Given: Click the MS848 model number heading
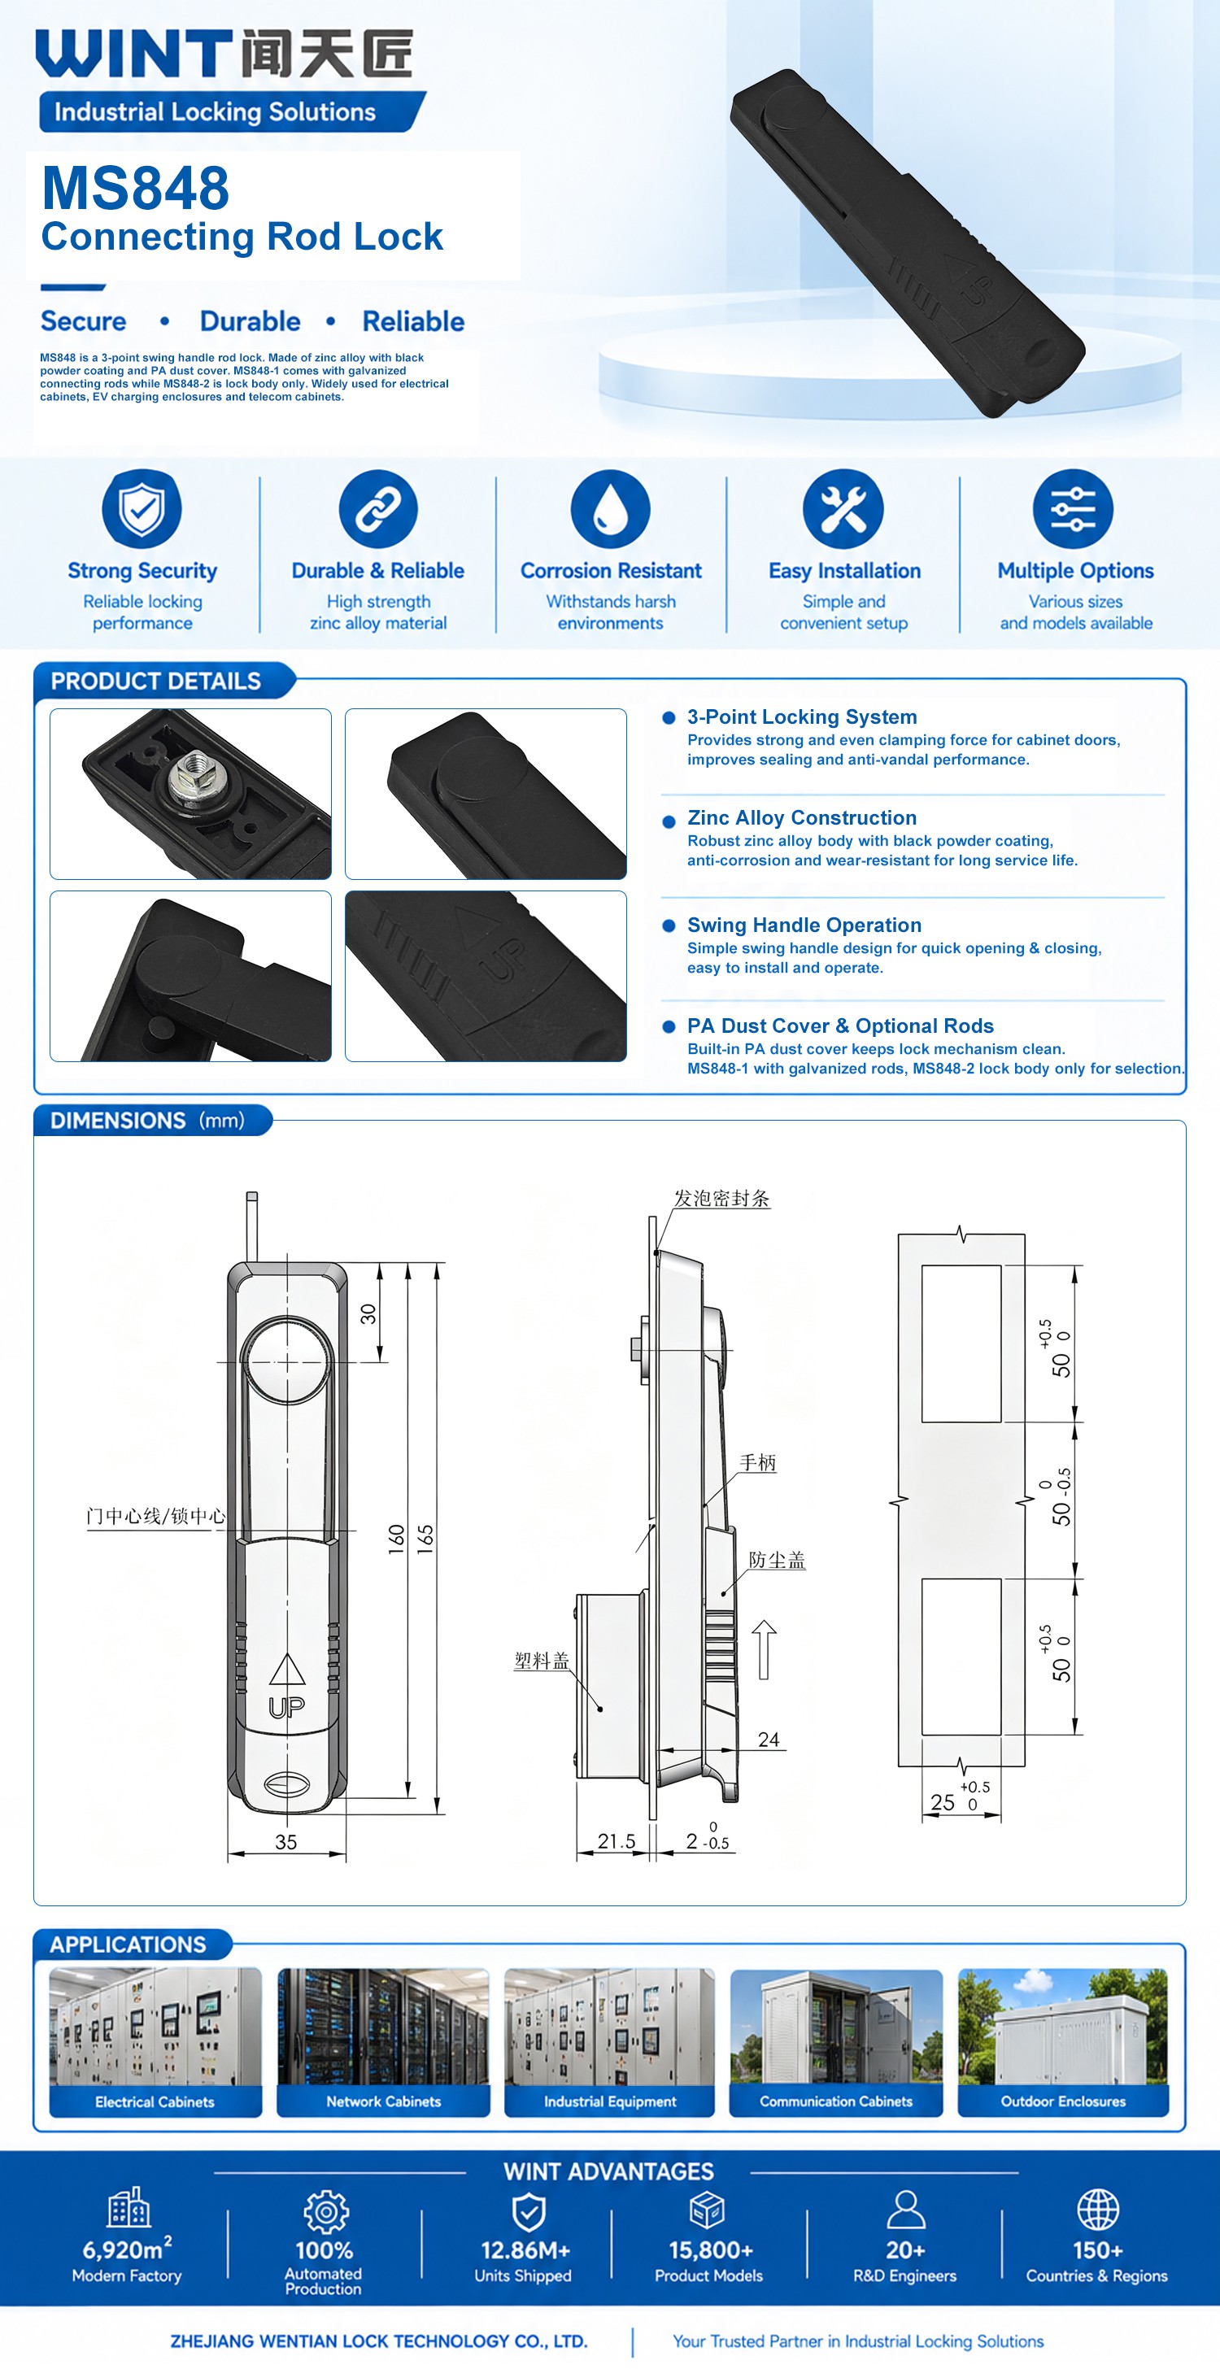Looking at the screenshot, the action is pos(135,188).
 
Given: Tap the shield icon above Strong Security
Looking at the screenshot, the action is pos(142,508).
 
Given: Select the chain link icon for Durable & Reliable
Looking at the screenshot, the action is pos(378,508).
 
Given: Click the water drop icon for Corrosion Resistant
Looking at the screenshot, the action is pos(610,508).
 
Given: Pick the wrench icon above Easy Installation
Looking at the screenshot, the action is pos(843,508).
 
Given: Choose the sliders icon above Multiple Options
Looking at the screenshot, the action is pos(1073,508).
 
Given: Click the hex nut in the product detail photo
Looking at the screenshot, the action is pos(197,775).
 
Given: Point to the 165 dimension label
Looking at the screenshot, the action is pos(425,1539).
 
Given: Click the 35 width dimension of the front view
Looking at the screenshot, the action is pos(286,1841).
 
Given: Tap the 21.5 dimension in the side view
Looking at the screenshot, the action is pos(617,1840).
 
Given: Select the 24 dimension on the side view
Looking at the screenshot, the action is pos(769,1739).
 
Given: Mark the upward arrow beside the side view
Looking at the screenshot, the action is pos(764,1649).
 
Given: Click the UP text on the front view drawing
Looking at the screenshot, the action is pos(286,1708).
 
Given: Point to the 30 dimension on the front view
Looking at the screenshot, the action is pos(368,1313).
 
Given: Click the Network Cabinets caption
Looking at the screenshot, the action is pos(384,2101).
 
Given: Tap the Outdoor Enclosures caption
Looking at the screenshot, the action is pos(1064,2101).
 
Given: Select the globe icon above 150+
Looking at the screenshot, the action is pos(1098,2209).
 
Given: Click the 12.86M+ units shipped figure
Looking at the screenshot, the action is pos(525,2249).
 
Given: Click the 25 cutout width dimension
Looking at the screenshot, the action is pos(942,1801).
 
